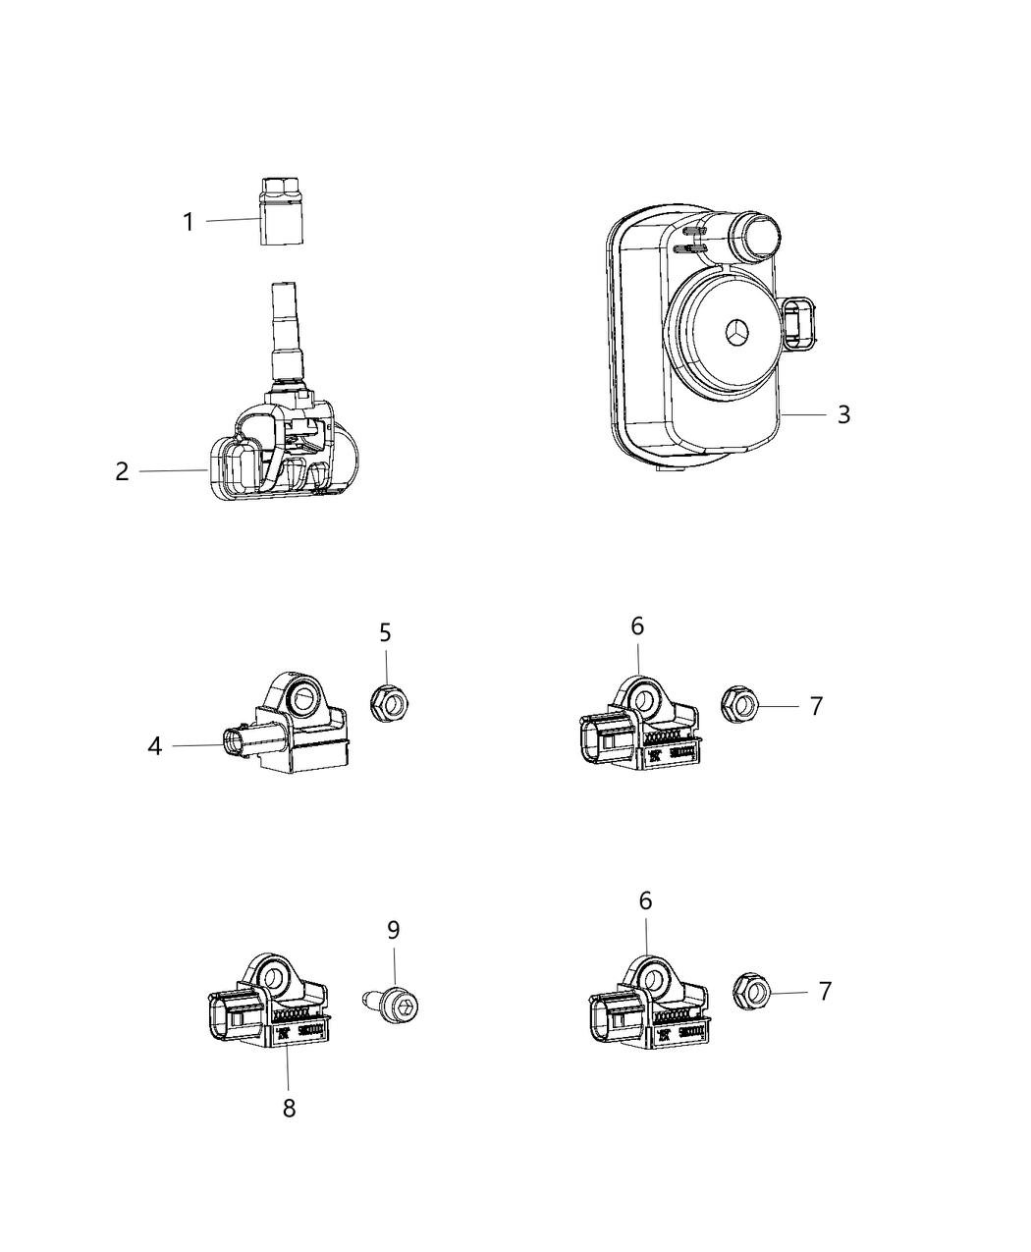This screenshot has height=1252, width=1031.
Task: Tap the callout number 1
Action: point(189,222)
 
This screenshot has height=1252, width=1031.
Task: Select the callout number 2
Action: point(122,471)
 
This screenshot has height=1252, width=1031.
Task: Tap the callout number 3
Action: point(842,414)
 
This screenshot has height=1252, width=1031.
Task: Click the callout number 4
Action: point(154,746)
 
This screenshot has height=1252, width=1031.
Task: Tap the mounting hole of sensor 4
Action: point(299,698)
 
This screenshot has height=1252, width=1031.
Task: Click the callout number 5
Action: point(385,632)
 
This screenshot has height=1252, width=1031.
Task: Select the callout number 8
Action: point(289,1108)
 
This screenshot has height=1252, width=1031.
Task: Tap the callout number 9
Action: point(393,929)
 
